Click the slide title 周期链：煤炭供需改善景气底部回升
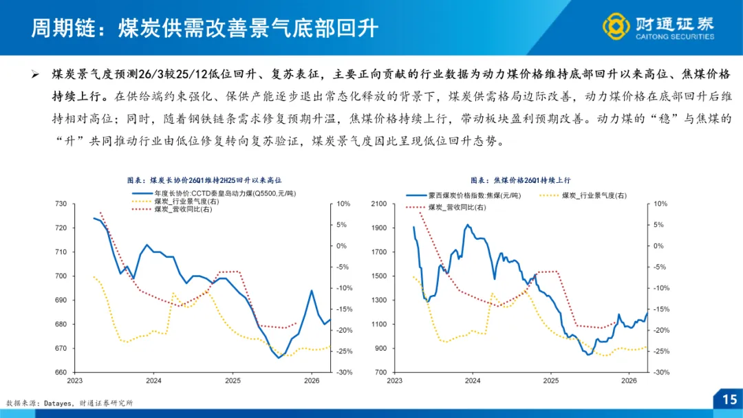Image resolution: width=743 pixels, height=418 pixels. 204,27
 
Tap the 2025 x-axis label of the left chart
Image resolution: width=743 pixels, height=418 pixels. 233,380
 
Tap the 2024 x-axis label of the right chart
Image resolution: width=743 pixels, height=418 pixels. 473,380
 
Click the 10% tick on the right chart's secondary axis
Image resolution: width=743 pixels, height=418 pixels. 660,204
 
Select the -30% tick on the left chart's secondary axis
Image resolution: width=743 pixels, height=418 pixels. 343,372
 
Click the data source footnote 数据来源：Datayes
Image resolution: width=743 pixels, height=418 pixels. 69,403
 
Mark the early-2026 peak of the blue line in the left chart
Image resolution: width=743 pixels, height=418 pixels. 312,291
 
